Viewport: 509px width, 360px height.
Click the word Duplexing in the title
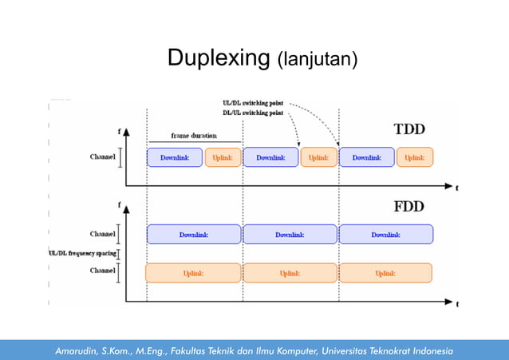coord(218,58)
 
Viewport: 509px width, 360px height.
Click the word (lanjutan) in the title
coord(317,60)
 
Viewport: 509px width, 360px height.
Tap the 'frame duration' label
coord(194,136)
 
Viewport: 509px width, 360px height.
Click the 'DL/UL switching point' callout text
coord(252,113)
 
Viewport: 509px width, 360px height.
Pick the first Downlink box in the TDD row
coord(175,157)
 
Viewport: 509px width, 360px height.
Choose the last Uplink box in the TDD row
coord(414,157)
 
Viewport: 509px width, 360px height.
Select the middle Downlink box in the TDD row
coord(270,157)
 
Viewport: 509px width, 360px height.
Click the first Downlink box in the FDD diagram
coord(193,234)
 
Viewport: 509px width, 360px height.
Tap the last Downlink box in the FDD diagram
coord(385,234)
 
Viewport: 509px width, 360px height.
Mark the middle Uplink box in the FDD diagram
coord(290,273)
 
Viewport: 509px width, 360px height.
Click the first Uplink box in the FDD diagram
coord(193,273)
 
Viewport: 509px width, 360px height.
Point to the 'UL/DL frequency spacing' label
coord(82,253)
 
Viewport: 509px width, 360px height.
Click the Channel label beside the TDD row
coord(101,157)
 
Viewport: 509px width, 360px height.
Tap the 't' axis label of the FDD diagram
coord(457,303)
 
